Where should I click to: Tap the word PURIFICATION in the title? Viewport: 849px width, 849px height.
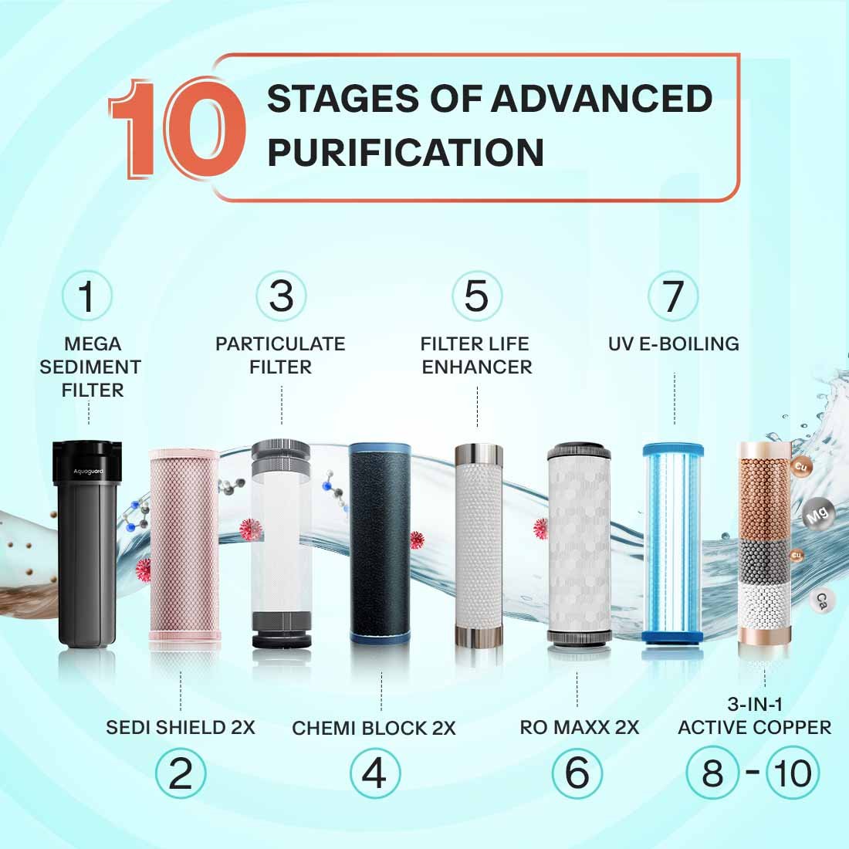point(405,151)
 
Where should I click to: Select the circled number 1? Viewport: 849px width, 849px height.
point(87,296)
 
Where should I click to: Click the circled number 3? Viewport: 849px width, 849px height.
point(281,296)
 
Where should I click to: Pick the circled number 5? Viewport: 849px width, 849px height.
point(476,296)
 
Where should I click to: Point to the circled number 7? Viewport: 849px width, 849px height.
point(673,296)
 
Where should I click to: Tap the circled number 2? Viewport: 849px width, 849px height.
point(180,773)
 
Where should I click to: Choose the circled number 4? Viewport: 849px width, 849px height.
point(374,773)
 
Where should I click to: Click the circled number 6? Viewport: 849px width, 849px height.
point(577,773)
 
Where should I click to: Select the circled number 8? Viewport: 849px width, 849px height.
point(712,773)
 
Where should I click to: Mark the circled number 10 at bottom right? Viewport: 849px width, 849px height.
point(793,773)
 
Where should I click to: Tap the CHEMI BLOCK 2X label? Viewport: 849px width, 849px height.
point(374,728)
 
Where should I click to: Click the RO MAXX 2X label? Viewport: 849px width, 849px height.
point(579,727)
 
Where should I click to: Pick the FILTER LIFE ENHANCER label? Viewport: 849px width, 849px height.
point(477,355)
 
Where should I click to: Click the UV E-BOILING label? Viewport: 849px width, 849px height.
point(673,343)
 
